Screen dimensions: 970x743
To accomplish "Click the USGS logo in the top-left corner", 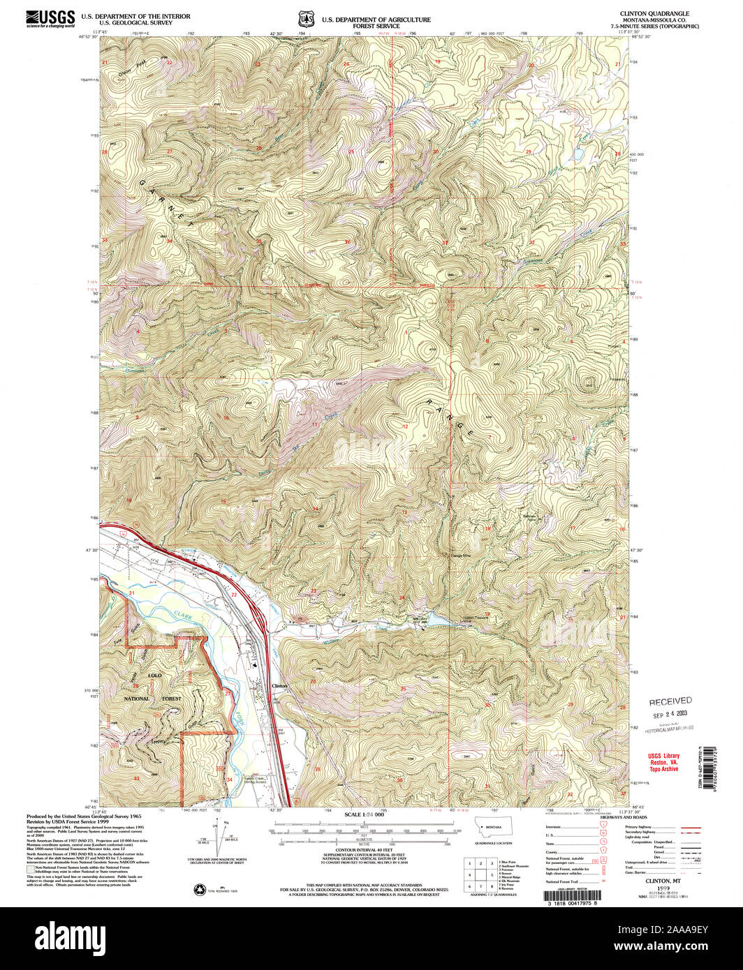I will pos(50,18).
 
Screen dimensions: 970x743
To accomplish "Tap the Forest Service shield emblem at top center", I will pos(302,19).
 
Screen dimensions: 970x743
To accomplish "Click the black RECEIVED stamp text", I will pos(670,701).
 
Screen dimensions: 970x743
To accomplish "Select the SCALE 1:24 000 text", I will pos(365,815).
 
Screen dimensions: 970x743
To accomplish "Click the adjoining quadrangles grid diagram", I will pos(481,872).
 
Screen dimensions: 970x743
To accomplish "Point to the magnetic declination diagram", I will pos(223,841).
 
